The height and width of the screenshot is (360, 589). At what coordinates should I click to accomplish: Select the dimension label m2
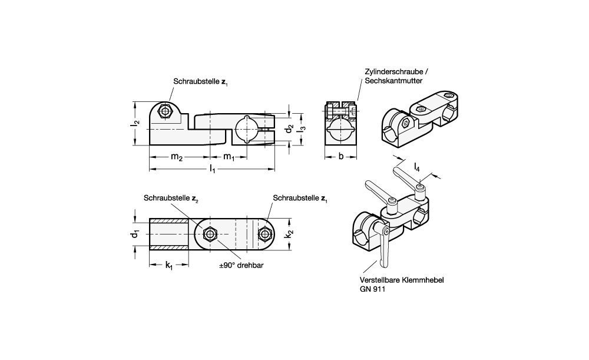click(x=176, y=157)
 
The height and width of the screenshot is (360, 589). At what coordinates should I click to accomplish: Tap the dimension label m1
click(x=229, y=157)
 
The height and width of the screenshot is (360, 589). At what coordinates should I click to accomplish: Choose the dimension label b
click(x=341, y=157)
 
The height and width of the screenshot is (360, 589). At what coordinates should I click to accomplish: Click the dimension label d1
click(x=135, y=234)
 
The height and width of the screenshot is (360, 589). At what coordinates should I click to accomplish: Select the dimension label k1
click(x=168, y=266)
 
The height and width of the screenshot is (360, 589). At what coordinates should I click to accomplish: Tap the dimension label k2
click(x=289, y=235)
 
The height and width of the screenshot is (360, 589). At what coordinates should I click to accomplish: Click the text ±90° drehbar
click(x=241, y=266)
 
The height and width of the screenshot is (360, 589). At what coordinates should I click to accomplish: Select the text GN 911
click(x=371, y=290)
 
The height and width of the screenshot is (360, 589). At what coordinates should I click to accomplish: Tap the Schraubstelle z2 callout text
click(x=171, y=199)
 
